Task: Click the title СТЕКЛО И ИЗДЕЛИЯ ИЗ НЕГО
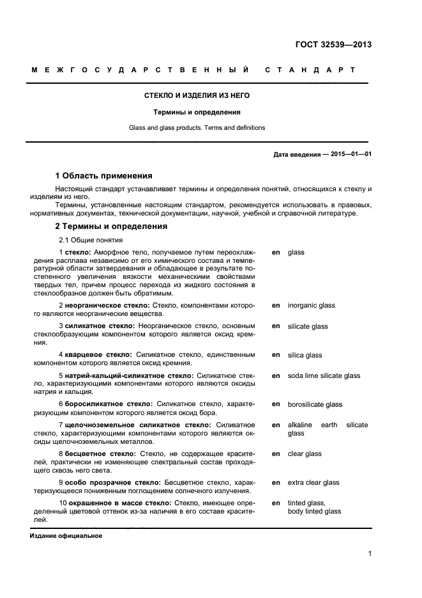197,95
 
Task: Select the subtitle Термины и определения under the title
197,112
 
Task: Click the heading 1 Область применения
103,175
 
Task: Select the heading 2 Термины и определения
111,226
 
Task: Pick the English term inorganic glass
311,306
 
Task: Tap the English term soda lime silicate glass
324,375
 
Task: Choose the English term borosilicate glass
315,404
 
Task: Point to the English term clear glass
305,453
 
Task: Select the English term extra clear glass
313,482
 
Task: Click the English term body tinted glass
314,511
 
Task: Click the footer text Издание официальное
66,535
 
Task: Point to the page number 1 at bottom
370,554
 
